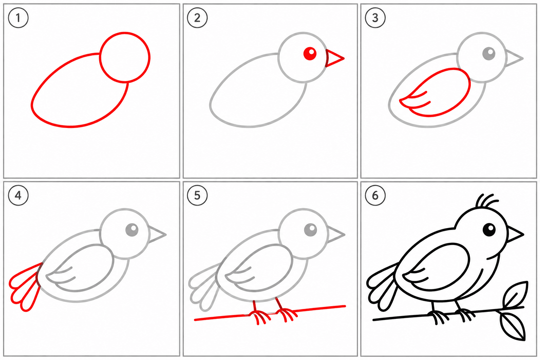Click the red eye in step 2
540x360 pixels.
click(310, 53)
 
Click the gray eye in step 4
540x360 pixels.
click(132, 230)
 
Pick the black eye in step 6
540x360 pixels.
click(489, 230)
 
